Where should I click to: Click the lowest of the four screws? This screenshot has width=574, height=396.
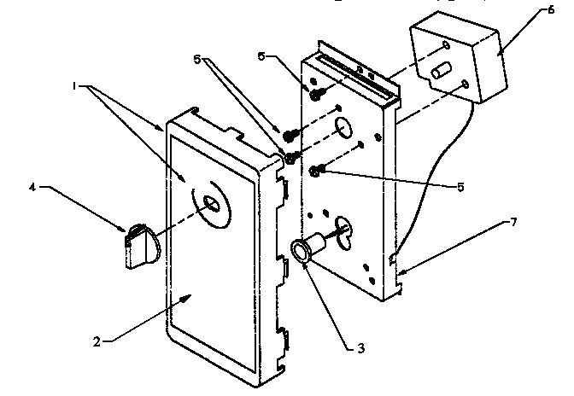tap(315, 172)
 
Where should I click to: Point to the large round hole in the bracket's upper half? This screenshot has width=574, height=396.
tap(343, 128)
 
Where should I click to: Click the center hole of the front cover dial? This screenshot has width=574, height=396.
tap(210, 204)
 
